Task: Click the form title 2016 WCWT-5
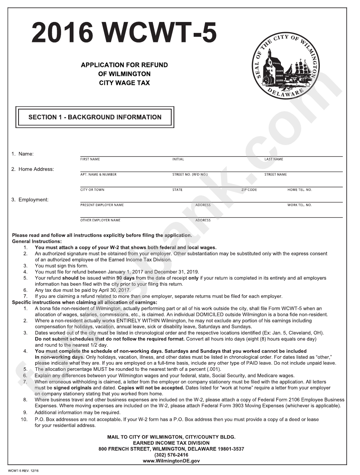(124, 33)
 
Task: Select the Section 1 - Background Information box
(95, 117)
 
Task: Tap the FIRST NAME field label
(90, 159)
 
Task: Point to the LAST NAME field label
(274, 159)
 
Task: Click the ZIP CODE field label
(249, 190)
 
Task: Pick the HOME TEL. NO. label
(299, 190)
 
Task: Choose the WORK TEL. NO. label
(299, 205)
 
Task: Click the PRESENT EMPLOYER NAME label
(102, 205)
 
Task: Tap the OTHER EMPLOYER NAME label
(100, 220)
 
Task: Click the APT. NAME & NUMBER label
(99, 175)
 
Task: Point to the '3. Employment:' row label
(30, 200)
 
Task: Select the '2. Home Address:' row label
(33, 169)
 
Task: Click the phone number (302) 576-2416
(171, 455)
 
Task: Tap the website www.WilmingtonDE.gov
(171, 461)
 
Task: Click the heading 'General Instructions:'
(37, 241)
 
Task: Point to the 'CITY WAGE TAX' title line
(124, 83)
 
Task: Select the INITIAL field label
(178, 159)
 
